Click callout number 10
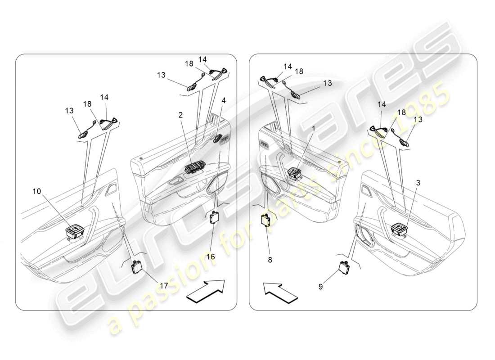click(36, 191)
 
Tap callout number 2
click(180, 115)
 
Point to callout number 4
click(224, 100)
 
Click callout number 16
click(211, 256)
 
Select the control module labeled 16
click(214, 217)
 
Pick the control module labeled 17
click(136, 267)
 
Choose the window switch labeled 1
click(295, 173)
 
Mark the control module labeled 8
click(266, 221)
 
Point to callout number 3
click(418, 183)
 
